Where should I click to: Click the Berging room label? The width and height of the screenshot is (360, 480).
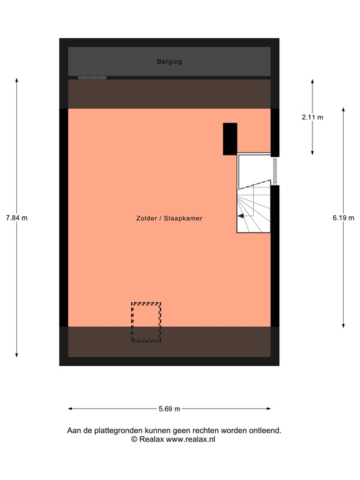pos(169,62)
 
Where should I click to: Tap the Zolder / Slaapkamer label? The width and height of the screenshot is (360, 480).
pos(169,219)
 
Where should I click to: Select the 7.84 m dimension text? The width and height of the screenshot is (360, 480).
pos(17,217)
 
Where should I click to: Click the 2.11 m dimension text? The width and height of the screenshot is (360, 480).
pos(312,117)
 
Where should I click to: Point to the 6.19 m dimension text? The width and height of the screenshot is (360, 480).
pos(343,217)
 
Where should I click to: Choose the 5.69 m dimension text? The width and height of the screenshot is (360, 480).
pos(169,409)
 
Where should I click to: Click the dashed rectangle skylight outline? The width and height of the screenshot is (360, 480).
pos(146,322)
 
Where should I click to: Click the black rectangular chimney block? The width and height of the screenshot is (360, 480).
pos(230,139)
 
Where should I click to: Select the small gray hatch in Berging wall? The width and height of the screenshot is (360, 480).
pos(92,78)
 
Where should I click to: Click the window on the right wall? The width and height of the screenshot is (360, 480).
pos(274,169)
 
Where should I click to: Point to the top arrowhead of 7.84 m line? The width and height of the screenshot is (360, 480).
pos(17,80)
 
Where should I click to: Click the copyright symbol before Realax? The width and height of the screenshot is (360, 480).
pos(134,439)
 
